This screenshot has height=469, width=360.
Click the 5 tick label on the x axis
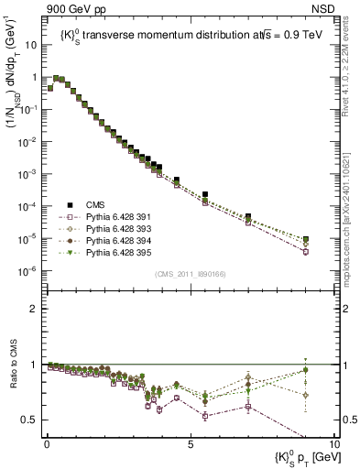coord(190,443)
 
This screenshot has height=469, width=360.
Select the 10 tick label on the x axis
coord(333,443)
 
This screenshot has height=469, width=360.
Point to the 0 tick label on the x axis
coord(47,443)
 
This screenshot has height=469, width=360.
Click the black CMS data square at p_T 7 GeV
coord(248,217)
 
